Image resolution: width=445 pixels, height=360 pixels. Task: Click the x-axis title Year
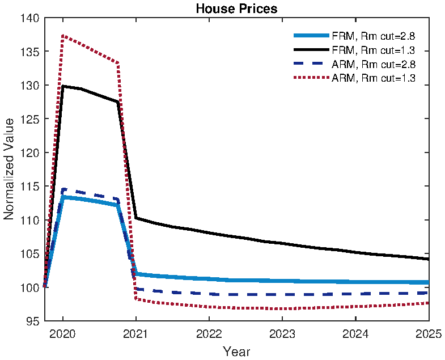point(236,351)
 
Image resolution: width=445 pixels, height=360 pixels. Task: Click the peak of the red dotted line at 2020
point(63,36)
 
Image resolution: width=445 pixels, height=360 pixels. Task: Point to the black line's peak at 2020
point(63,86)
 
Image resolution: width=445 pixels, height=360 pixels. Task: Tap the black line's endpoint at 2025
point(428,259)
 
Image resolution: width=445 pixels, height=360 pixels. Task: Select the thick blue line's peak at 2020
point(63,197)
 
